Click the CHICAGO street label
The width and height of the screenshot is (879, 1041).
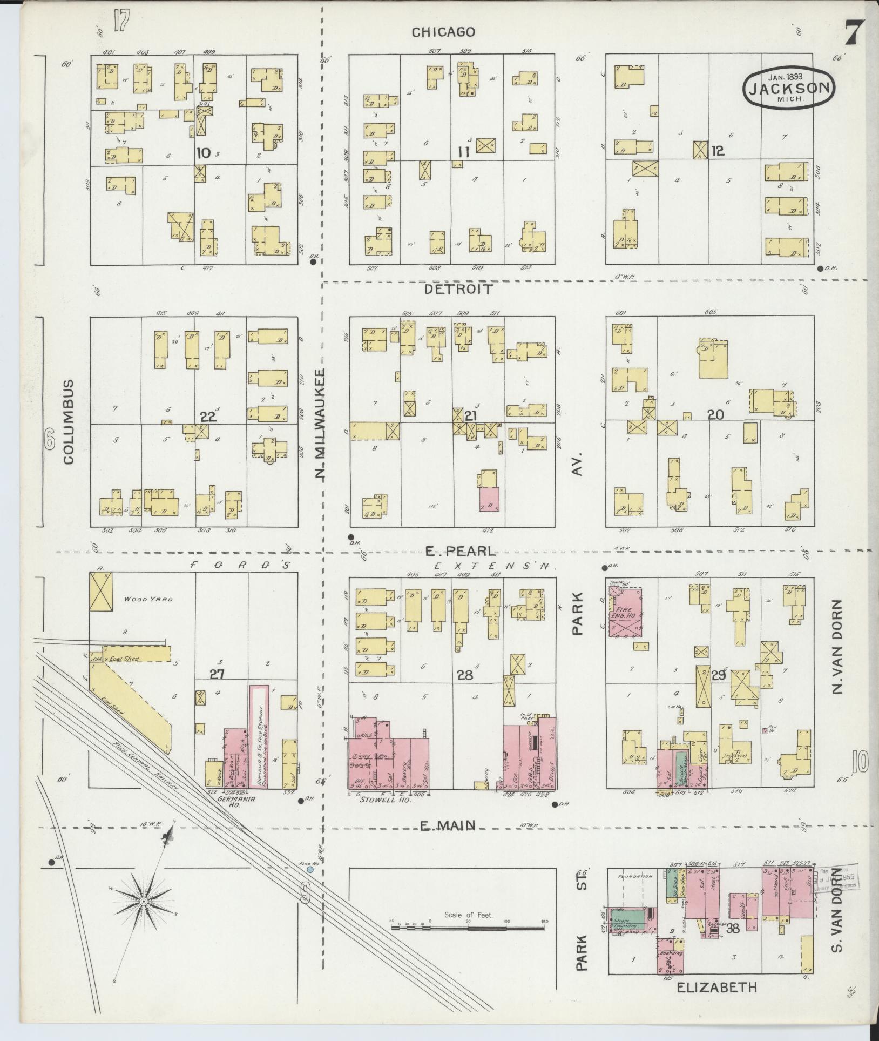point(443,32)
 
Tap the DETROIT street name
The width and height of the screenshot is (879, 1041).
point(458,289)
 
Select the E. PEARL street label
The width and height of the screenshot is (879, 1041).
point(459,552)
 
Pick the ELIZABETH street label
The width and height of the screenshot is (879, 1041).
point(716,988)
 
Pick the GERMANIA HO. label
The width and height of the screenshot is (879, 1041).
point(228,813)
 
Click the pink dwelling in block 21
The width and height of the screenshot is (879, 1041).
point(489,499)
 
